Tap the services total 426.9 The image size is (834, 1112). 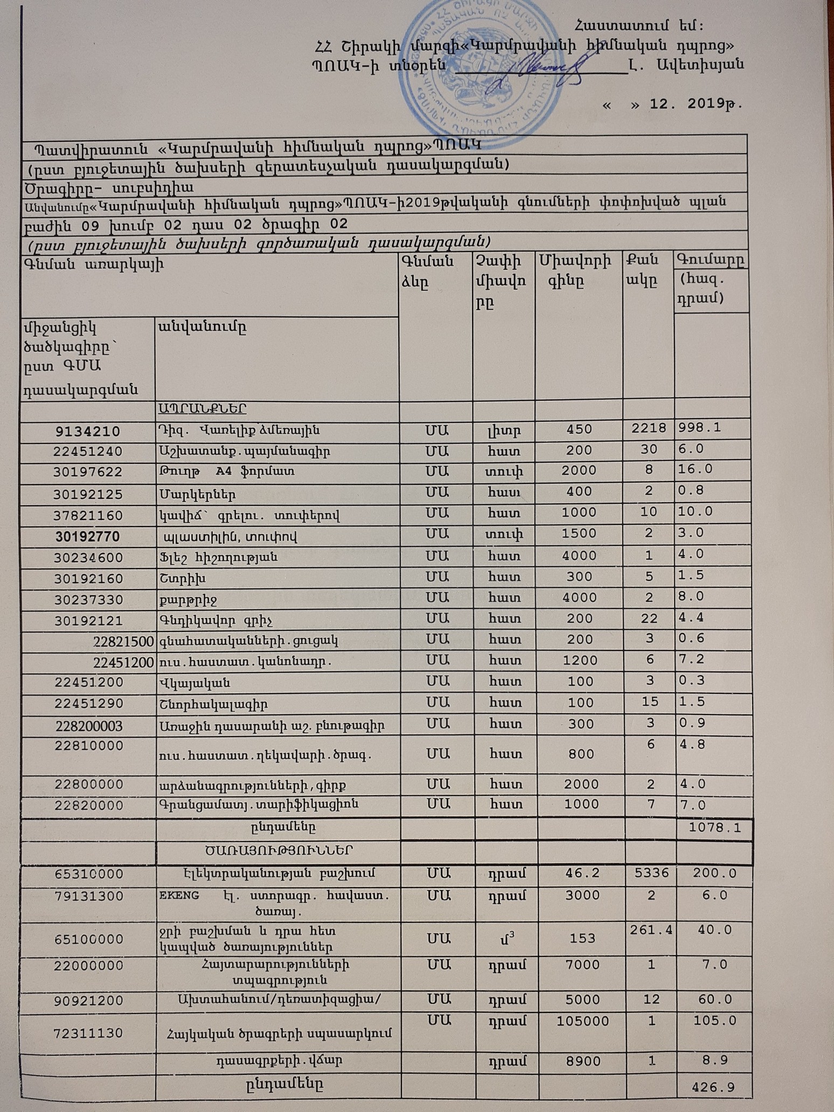pos(714,1087)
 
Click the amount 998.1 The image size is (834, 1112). pos(700,428)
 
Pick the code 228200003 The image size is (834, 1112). pos(89,726)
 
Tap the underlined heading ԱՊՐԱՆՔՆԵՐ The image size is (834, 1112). pos(203,409)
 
